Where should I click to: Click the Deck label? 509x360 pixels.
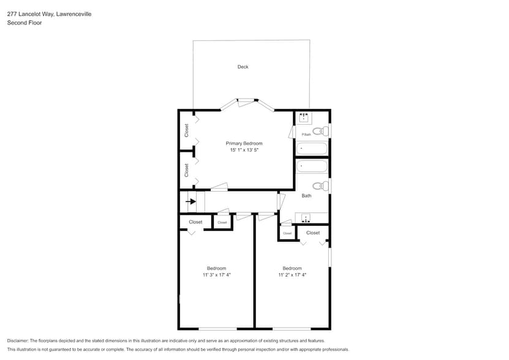(x=243, y=67)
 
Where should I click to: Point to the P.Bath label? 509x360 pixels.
(x=306, y=135)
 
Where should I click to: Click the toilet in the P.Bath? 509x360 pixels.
(x=319, y=131)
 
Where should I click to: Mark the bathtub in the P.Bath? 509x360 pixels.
(x=312, y=149)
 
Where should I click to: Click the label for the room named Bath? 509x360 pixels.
(x=306, y=196)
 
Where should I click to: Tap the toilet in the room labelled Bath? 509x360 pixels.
(x=319, y=186)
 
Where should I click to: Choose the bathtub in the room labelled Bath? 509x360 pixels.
(x=312, y=167)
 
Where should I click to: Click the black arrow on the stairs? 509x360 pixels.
(x=191, y=201)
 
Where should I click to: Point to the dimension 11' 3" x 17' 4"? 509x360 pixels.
(x=216, y=275)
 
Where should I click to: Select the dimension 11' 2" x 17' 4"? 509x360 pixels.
(x=292, y=275)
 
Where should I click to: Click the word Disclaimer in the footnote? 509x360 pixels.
(x=18, y=340)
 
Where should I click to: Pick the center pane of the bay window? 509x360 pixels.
(x=247, y=100)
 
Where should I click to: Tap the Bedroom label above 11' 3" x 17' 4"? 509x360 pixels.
(x=216, y=268)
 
